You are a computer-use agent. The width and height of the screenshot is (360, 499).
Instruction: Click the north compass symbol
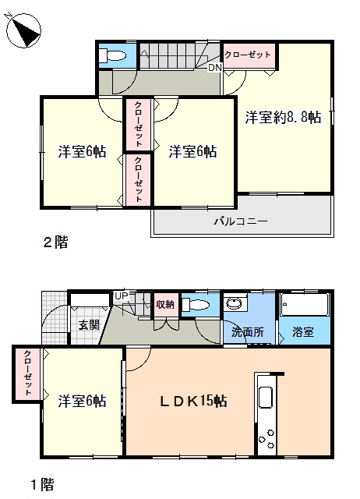(23, 30)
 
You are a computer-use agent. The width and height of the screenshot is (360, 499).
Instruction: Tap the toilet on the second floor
(112, 56)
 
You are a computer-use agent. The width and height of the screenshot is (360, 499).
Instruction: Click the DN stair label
(215, 68)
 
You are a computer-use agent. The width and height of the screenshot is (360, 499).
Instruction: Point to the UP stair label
(121, 296)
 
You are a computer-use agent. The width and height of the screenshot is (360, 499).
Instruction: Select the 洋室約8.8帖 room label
(283, 118)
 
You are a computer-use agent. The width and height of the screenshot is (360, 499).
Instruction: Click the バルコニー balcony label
(241, 221)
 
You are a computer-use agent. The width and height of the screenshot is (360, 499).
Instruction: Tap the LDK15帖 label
(193, 401)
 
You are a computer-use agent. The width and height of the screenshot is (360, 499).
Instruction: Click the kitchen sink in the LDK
(266, 397)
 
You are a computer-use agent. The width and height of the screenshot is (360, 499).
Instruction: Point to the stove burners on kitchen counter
(266, 439)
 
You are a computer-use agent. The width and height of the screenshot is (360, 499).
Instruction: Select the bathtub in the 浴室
(305, 305)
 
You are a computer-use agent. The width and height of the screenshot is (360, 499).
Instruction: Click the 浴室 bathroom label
(303, 332)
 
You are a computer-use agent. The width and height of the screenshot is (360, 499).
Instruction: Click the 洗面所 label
(248, 332)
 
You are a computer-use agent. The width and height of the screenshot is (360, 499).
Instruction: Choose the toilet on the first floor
(196, 305)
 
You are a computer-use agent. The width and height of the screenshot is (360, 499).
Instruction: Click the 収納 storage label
(165, 305)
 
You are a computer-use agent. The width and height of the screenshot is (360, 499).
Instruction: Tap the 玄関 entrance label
(90, 325)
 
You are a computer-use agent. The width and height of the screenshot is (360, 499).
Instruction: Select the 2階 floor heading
(55, 242)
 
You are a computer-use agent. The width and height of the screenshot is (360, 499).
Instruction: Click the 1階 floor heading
(42, 485)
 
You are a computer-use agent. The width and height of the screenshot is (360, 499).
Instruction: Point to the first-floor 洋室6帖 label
(82, 401)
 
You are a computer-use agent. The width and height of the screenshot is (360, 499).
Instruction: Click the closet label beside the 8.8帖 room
(248, 55)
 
